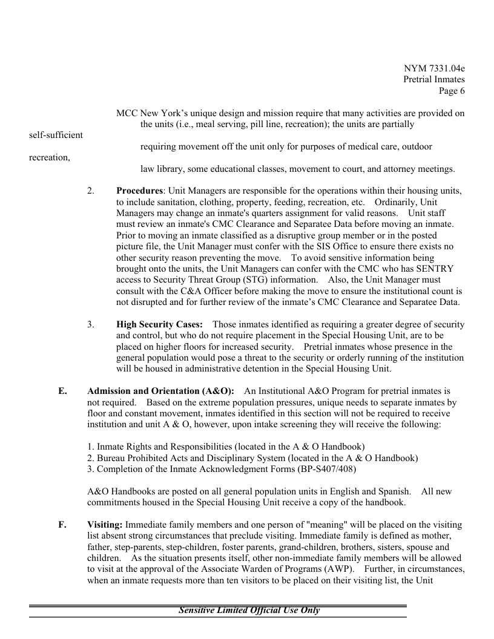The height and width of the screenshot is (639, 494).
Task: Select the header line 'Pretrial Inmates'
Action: [x=434, y=79]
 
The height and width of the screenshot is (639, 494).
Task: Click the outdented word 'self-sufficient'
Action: [x=56, y=135]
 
